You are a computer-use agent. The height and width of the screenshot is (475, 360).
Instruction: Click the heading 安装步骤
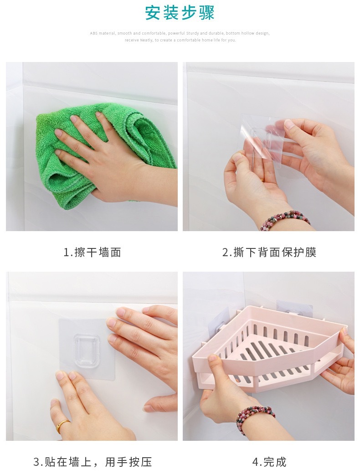180,13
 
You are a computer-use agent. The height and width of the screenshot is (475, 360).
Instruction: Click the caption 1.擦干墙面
93,252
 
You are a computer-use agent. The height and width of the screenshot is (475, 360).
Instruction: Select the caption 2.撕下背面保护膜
269,252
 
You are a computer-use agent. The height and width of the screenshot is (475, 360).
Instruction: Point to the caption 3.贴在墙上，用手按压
93,462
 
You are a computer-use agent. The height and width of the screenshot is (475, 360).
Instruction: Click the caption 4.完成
269,462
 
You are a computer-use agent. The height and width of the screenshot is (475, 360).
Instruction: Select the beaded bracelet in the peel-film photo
285,219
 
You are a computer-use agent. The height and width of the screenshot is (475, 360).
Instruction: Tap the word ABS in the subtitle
93,33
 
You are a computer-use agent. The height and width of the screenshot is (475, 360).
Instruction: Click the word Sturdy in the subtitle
192,33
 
